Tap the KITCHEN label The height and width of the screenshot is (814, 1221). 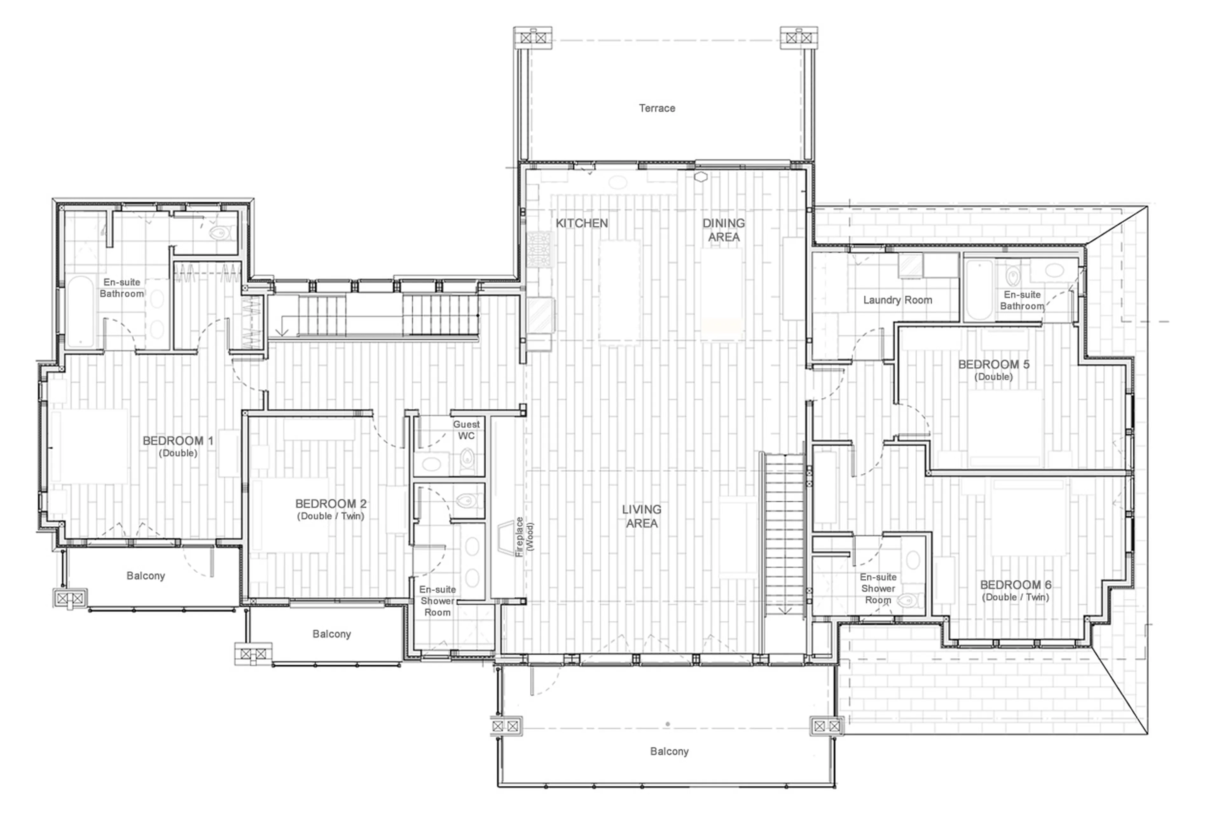(581, 223)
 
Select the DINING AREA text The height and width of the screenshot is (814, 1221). (723, 230)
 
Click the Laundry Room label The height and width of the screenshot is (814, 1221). (897, 300)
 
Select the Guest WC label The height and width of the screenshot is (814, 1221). (466, 430)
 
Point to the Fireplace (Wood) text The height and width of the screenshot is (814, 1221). (524, 536)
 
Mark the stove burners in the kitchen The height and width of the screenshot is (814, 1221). (539, 249)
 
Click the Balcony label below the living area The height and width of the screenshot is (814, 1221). (669, 751)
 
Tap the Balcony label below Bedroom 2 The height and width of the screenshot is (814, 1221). (332, 634)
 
